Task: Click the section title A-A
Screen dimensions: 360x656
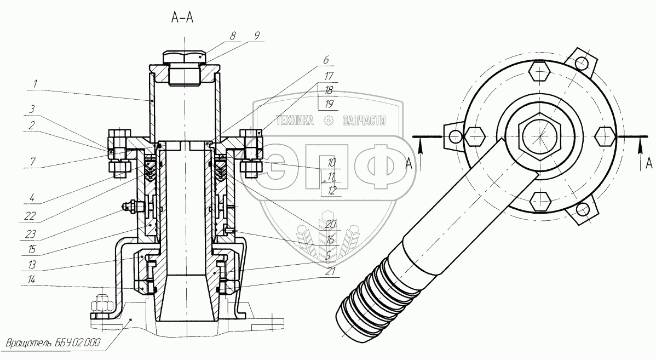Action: point(183,18)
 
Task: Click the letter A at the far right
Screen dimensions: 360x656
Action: point(648,163)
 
